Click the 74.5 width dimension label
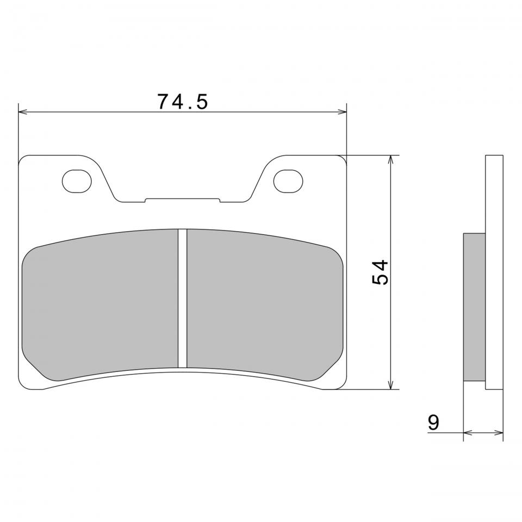(183, 102)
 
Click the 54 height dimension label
(380, 272)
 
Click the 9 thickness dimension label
(433, 422)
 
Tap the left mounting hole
(77, 181)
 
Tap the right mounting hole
(288, 181)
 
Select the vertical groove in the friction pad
(183, 299)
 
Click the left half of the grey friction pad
(100, 304)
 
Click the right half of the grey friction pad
(265, 304)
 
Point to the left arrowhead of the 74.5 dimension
(23, 112)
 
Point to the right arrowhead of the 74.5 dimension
(342, 112)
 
